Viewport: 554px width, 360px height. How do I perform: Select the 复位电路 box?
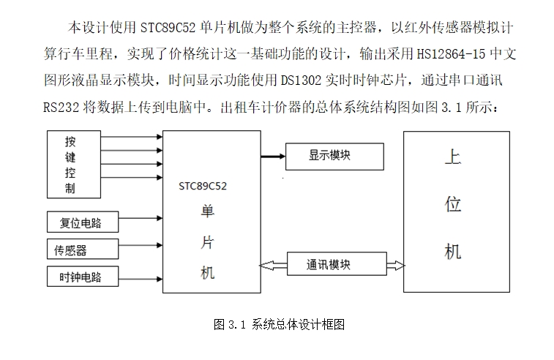point(81,222)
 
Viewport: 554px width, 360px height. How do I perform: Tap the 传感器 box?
point(81,250)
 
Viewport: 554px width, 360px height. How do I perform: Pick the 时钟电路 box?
point(81,278)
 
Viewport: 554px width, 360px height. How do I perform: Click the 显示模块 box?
point(334,156)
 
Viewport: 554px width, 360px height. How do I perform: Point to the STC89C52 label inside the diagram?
point(203,186)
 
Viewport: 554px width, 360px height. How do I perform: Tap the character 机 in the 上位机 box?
point(453,252)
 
